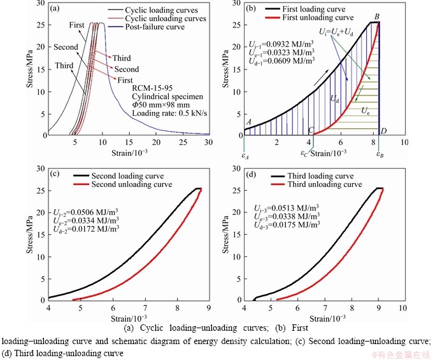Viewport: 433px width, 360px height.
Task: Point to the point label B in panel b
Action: click(x=377, y=17)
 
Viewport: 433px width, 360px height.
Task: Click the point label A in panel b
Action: click(x=248, y=123)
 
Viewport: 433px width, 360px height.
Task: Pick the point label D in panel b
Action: click(x=383, y=131)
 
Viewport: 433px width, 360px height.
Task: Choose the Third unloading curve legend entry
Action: click(x=325, y=184)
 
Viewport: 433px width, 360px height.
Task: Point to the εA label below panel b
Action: click(x=245, y=153)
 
